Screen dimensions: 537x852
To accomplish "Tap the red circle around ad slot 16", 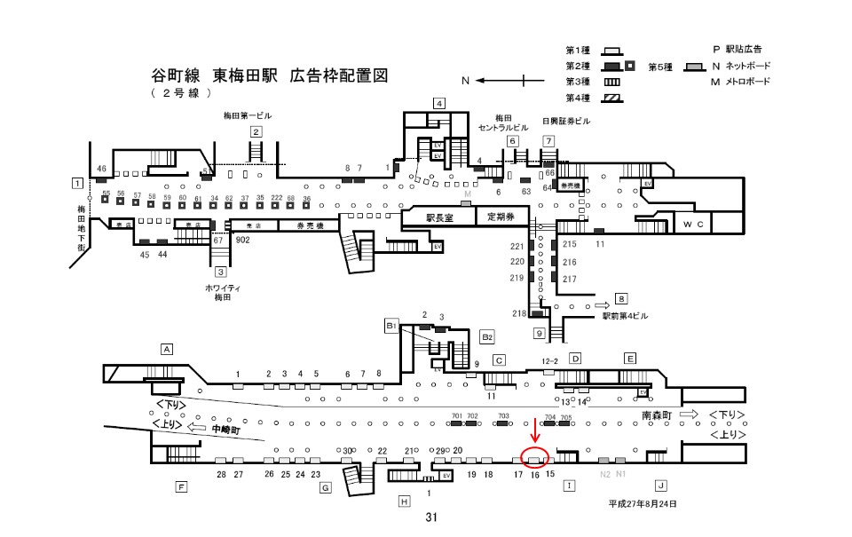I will [x=535, y=458].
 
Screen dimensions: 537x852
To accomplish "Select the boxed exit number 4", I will [x=438, y=103].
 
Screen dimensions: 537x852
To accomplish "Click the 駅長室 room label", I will [x=439, y=217].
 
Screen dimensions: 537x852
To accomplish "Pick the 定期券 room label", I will [x=502, y=217].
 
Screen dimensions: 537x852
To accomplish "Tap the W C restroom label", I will [x=693, y=225].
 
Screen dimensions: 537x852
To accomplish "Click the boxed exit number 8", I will [x=621, y=298].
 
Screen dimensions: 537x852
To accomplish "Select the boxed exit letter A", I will [x=166, y=348].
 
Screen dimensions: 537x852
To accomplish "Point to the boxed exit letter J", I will [x=660, y=486].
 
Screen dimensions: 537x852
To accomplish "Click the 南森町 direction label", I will [x=657, y=415].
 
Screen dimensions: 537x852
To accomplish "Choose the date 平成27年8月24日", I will [x=642, y=503].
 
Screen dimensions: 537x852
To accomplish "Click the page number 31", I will [x=431, y=517].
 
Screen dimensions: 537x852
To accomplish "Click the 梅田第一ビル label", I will [x=248, y=116].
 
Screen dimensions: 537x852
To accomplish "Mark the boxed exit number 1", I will [x=78, y=183].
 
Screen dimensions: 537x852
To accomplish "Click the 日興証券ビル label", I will [x=565, y=121].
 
